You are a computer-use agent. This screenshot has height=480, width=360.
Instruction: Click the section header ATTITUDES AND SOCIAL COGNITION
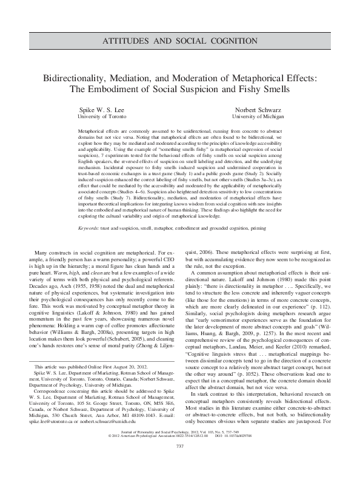point(179,41)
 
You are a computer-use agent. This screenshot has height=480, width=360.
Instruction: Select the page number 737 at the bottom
point(179,464)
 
